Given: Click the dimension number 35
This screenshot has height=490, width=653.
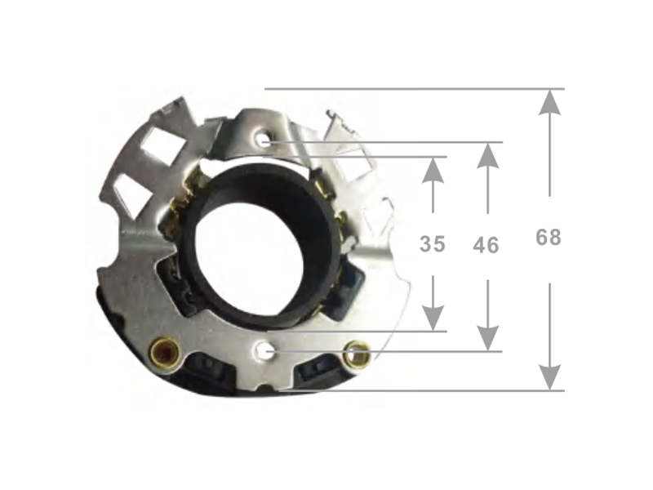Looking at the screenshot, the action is (x=433, y=244).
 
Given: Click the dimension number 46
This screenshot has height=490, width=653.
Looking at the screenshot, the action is (x=486, y=246).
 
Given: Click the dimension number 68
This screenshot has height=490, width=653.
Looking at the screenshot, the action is (x=549, y=238).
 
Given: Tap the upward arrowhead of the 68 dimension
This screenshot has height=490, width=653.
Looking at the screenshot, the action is (x=549, y=103).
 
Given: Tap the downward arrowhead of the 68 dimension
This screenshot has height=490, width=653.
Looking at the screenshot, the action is (x=549, y=377).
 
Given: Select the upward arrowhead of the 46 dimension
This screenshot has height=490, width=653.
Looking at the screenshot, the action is (x=487, y=156).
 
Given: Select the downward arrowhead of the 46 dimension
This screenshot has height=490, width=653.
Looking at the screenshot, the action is (x=487, y=338).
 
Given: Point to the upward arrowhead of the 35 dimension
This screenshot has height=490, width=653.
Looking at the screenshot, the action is (x=433, y=171).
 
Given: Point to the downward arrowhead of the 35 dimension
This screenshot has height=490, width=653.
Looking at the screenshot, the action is (x=433, y=318).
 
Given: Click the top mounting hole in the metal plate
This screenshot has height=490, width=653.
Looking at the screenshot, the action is (x=263, y=139).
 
